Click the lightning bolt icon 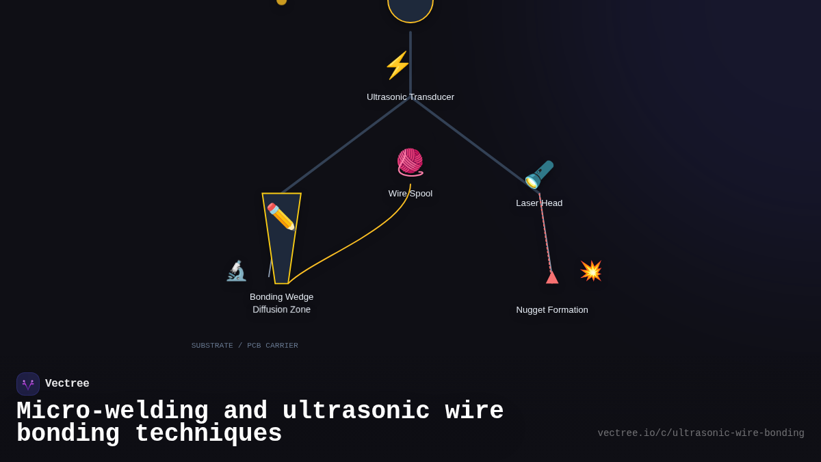point(398,65)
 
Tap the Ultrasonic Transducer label point(410,97)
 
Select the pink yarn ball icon point(410,162)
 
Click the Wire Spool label point(410,194)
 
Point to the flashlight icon point(539,175)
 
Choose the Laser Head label point(539,203)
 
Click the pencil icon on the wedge point(281,216)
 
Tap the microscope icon point(236,271)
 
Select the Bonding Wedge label point(281,297)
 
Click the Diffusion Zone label point(281,309)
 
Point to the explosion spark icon point(590,270)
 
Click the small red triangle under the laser point(552,277)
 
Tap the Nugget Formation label point(552,310)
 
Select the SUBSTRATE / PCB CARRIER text point(245,346)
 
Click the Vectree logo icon point(28,384)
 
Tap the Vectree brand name point(67,384)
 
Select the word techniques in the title point(208,434)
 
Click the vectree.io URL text point(701,433)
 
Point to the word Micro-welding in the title point(112,411)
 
